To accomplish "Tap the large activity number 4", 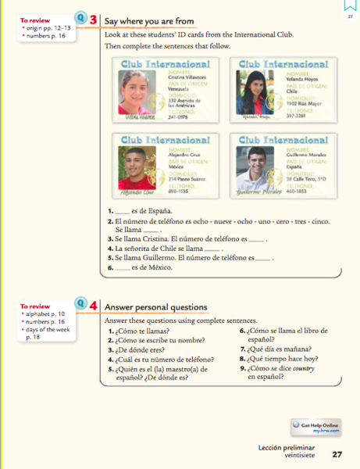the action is (93, 307).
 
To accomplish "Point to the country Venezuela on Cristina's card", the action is (180, 90).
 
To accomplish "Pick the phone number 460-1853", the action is (297, 188).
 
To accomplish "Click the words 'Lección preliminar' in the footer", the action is (284, 448).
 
